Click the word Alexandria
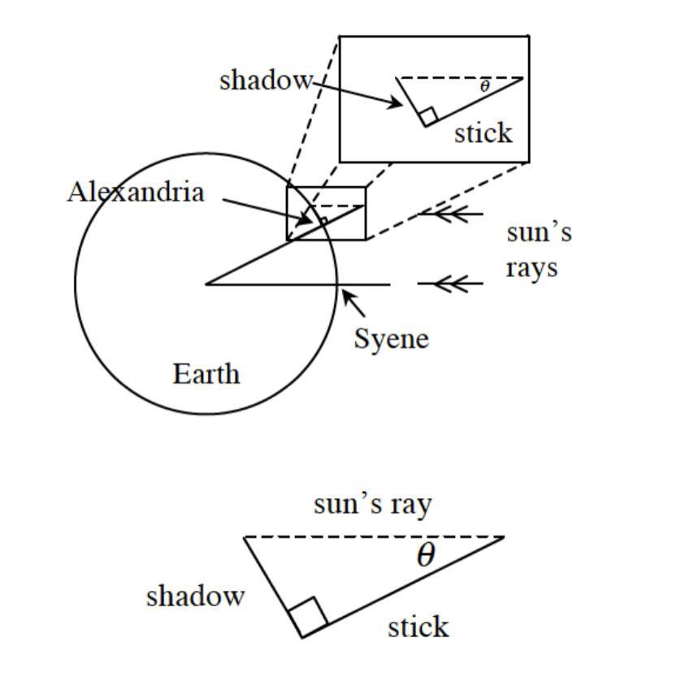[136, 192]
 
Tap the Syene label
[392, 339]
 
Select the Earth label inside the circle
[206, 374]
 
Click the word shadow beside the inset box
[266, 80]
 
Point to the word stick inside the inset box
[483, 132]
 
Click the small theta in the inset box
[484, 86]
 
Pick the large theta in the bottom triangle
[426, 554]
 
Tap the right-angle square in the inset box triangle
[428, 116]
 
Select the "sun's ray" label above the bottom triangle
[373, 505]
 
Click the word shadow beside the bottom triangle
[195, 596]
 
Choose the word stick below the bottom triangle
[419, 627]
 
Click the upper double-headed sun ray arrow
[451, 214]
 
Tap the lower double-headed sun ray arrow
[451, 284]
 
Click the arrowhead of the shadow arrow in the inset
[396, 103]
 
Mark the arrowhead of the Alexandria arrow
[305, 220]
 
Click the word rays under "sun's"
[531, 269]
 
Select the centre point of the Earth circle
[206, 284]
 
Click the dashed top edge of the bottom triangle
[374, 537]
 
